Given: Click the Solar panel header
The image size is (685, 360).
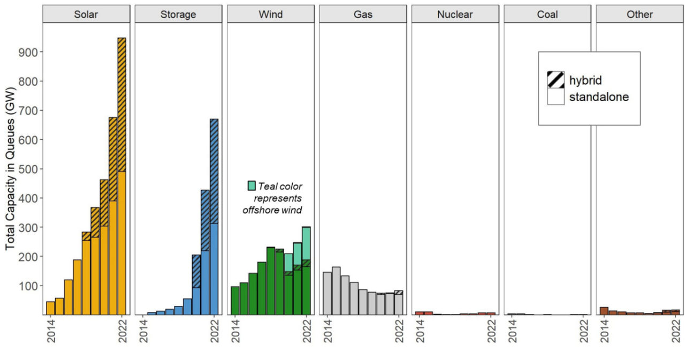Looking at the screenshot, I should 86,14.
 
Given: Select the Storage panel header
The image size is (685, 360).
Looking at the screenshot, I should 178,14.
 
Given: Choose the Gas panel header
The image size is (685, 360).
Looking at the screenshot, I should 362,14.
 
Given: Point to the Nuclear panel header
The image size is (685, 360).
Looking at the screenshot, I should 454,14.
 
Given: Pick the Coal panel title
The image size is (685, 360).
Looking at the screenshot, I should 547,14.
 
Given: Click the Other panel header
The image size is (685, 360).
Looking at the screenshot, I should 639,14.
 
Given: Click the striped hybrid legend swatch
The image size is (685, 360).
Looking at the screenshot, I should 555,80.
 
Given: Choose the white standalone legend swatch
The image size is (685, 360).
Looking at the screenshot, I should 555,97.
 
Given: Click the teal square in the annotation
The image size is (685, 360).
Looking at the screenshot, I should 252,186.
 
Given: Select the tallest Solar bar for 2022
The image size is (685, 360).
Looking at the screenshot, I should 121,177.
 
